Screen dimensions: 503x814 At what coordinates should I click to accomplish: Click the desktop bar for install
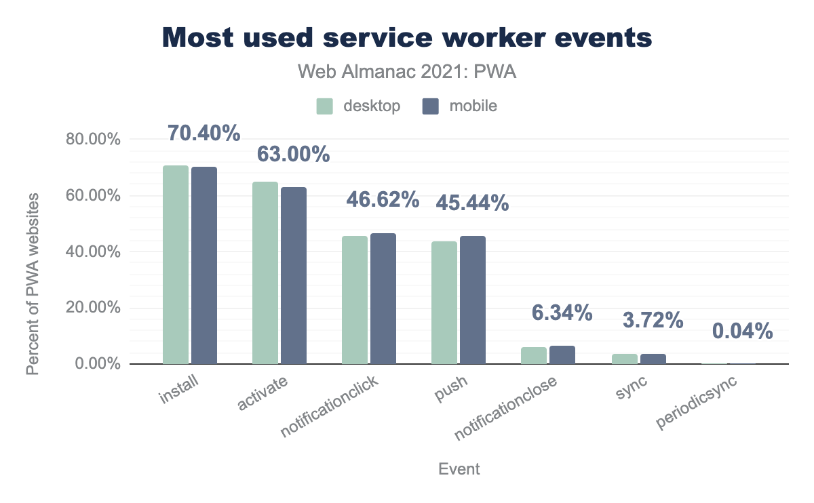point(176,265)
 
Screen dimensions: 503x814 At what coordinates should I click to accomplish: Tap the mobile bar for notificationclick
point(383,299)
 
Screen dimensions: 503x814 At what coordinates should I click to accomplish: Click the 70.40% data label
point(204,133)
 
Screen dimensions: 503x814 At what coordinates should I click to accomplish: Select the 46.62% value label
point(383,199)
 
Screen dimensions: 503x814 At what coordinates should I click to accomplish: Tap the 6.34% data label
point(562,313)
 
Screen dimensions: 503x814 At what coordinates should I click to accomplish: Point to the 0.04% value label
point(742,331)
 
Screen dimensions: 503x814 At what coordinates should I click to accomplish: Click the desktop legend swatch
point(324,106)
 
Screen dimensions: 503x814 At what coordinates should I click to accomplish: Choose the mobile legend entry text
point(473,106)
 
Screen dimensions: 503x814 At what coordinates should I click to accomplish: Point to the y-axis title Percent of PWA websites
point(33,283)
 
